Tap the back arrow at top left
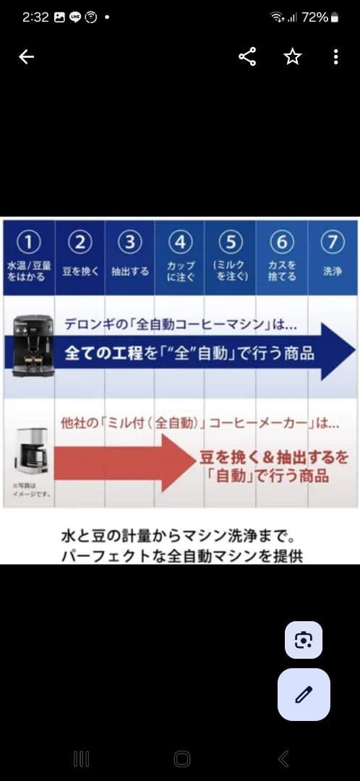(26, 57)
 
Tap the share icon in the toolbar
(247, 57)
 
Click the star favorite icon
(292, 57)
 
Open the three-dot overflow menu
(335, 57)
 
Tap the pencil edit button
(304, 694)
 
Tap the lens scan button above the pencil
(304, 639)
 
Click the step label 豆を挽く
(80, 271)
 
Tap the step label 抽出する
(130, 271)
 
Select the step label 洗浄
(333, 271)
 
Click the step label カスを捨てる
(282, 271)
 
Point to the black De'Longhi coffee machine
(33, 345)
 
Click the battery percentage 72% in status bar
(314, 17)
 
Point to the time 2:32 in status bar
(35, 17)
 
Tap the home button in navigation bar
(182, 758)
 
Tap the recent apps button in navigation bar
(82, 758)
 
